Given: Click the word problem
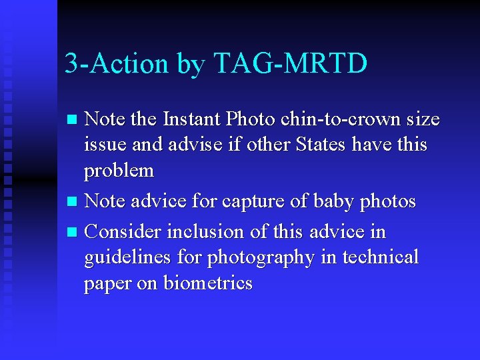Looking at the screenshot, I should [x=119, y=171].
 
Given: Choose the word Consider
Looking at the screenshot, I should [x=124, y=232].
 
